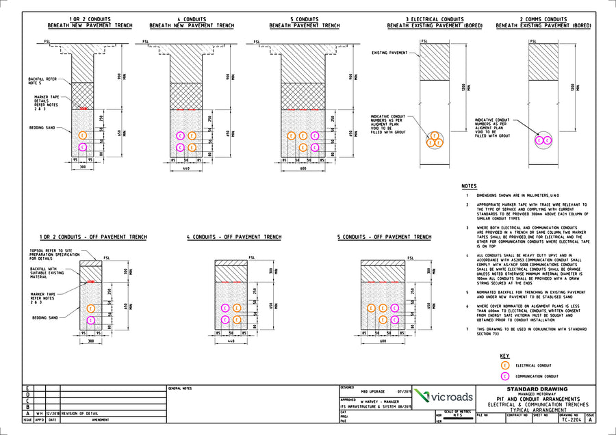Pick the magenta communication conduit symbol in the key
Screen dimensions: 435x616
pos(505,376)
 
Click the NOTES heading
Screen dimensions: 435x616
pos(469,186)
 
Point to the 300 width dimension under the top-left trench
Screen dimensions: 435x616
pos(83,166)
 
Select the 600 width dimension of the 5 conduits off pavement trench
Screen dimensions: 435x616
pos(385,341)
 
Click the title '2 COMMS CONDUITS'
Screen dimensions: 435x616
pos(543,20)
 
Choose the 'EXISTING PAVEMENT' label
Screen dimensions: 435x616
pos(389,53)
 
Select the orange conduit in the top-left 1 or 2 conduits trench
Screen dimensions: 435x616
pos(83,135)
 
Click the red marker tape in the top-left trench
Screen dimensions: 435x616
pos(83,109)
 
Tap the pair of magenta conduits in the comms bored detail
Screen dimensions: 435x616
pos(542,141)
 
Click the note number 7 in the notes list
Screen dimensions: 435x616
pos(467,329)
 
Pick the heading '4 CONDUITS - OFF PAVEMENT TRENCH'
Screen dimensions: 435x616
pos(234,237)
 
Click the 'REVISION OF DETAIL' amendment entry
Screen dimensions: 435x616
pos(79,414)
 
